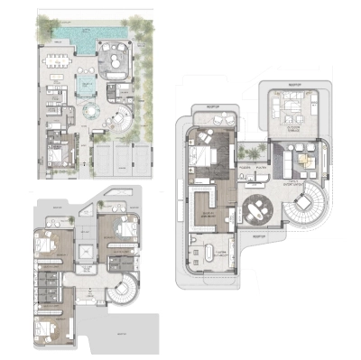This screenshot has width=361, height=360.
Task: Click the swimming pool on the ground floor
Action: click(77, 38)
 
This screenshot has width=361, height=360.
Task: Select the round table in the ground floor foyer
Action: click(93, 112)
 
